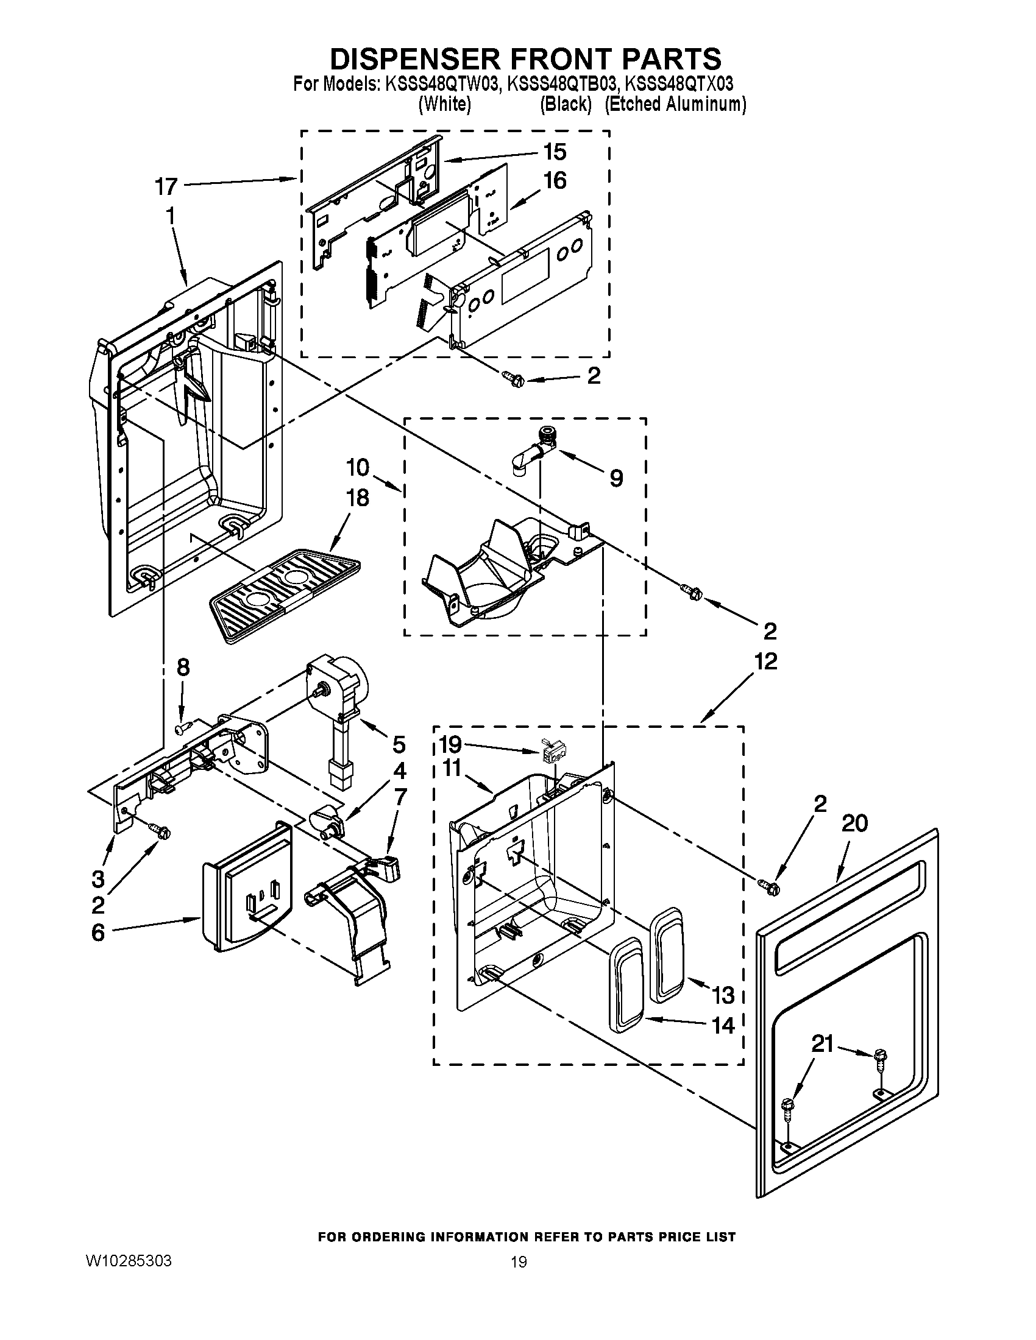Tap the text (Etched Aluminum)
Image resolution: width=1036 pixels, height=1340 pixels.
[675, 104]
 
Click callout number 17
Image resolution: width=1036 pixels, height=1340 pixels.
[166, 186]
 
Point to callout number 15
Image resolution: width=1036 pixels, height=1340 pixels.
[554, 152]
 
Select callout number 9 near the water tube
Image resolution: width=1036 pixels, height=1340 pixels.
[616, 478]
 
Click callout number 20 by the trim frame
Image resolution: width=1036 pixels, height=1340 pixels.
[854, 823]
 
